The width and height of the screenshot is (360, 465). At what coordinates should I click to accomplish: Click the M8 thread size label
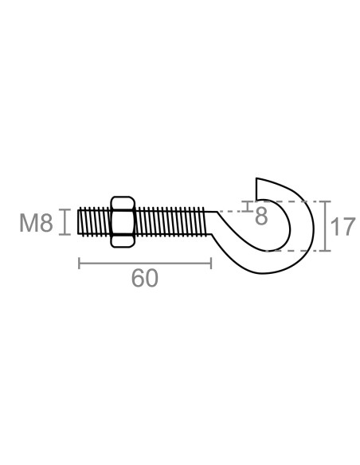click(x=36, y=223)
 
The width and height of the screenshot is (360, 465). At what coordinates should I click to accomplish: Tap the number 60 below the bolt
click(x=144, y=278)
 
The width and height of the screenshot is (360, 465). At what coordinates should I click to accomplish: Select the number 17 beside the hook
click(x=340, y=227)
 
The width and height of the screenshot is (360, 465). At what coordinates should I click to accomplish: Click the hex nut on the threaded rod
click(x=122, y=221)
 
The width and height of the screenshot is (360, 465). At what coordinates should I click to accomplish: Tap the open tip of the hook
click(x=256, y=186)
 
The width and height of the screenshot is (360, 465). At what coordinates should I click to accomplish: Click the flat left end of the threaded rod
click(x=78, y=221)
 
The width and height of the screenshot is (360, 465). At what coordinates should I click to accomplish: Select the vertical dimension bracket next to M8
click(x=65, y=221)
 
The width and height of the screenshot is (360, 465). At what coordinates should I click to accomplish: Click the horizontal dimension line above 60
click(x=144, y=263)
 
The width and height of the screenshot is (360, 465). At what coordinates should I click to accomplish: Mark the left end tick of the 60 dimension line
click(x=79, y=263)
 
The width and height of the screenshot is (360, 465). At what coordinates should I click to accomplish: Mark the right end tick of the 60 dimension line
click(x=211, y=263)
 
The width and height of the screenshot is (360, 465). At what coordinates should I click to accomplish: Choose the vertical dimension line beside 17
click(x=326, y=227)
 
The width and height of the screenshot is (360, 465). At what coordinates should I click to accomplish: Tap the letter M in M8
click(x=29, y=223)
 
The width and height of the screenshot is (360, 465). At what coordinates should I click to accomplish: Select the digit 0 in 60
click(x=151, y=278)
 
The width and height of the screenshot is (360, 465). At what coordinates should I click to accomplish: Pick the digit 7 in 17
click(x=346, y=227)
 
